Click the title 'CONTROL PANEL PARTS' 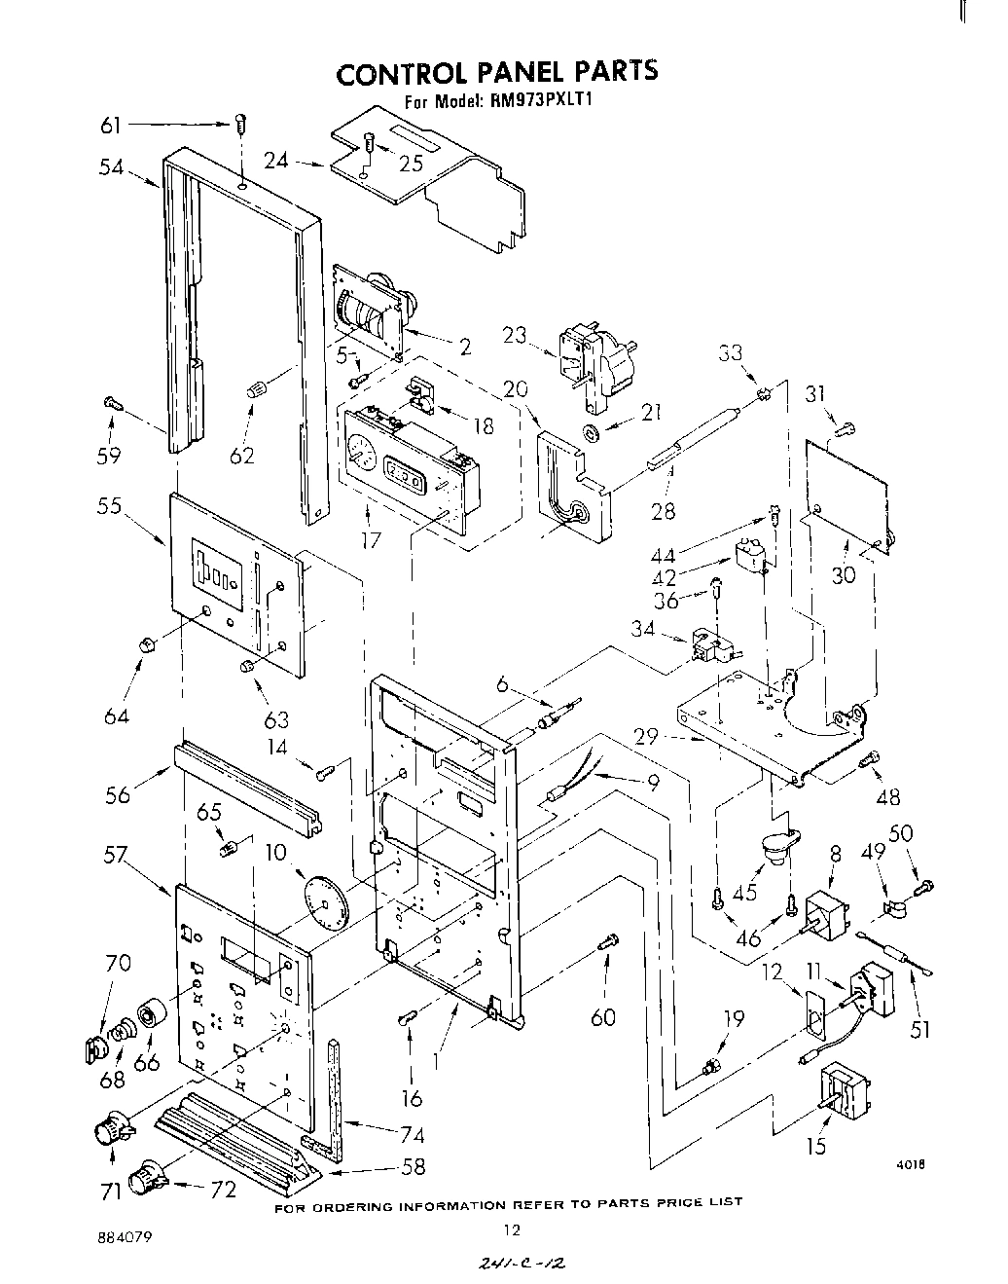coord(497,73)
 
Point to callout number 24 coord(277,160)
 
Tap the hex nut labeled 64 coord(146,644)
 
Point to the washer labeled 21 coord(591,430)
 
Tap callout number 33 coord(732,354)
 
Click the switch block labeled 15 coord(846,1093)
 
